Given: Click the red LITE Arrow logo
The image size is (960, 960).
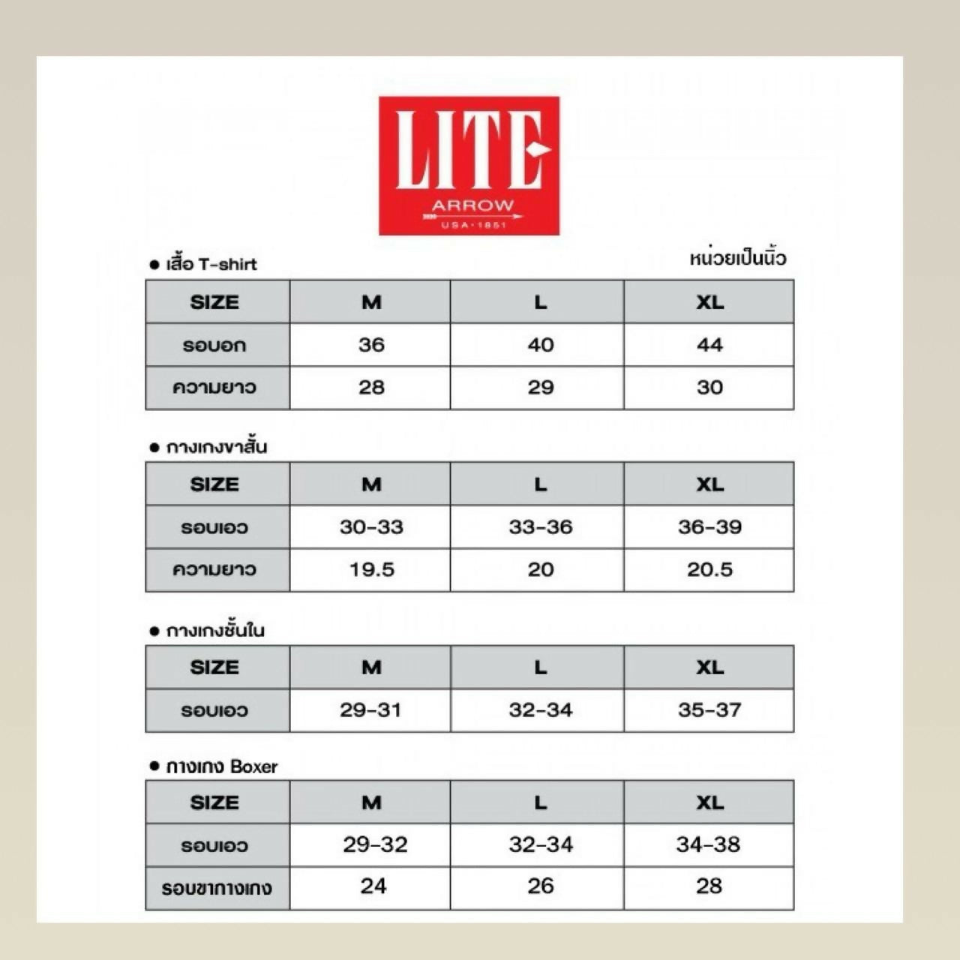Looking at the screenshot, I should pyautogui.click(x=469, y=166).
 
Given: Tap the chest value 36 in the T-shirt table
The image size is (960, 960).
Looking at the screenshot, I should pyautogui.click(x=371, y=345).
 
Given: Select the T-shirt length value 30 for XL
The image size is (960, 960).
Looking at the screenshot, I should pyautogui.click(x=709, y=388).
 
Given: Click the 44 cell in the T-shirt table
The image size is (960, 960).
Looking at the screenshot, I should pyautogui.click(x=709, y=345).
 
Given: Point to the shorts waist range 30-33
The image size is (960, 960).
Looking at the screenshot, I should pyautogui.click(x=371, y=527).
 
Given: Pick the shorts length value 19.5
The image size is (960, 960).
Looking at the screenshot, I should pyautogui.click(x=371, y=570).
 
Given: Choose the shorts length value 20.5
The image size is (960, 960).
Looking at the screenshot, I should pyautogui.click(x=709, y=570).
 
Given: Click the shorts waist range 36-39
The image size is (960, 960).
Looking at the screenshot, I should pyautogui.click(x=709, y=527).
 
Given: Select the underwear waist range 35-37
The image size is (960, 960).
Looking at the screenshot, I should pyautogui.click(x=709, y=710).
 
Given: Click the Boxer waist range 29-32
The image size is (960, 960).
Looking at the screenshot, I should pyautogui.click(x=375, y=845).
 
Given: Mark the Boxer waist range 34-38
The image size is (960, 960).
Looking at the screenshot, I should pyautogui.click(x=708, y=845).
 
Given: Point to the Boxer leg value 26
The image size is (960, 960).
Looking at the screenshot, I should pyautogui.click(x=540, y=886).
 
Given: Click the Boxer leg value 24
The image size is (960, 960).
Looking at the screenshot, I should pyautogui.click(x=373, y=886).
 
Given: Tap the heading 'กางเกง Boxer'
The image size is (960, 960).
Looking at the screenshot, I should pyautogui.click(x=221, y=766).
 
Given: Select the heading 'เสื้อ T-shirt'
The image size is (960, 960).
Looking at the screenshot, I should pyautogui.click(x=211, y=264).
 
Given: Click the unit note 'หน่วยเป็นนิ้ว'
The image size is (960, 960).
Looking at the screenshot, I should pyautogui.click(x=737, y=259).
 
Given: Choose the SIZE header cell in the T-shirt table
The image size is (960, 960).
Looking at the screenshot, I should pyautogui.click(x=214, y=302).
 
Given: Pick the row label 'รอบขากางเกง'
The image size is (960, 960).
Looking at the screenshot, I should pyautogui.click(x=217, y=889).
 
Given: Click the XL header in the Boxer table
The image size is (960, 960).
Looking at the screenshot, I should pyautogui.click(x=709, y=802).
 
